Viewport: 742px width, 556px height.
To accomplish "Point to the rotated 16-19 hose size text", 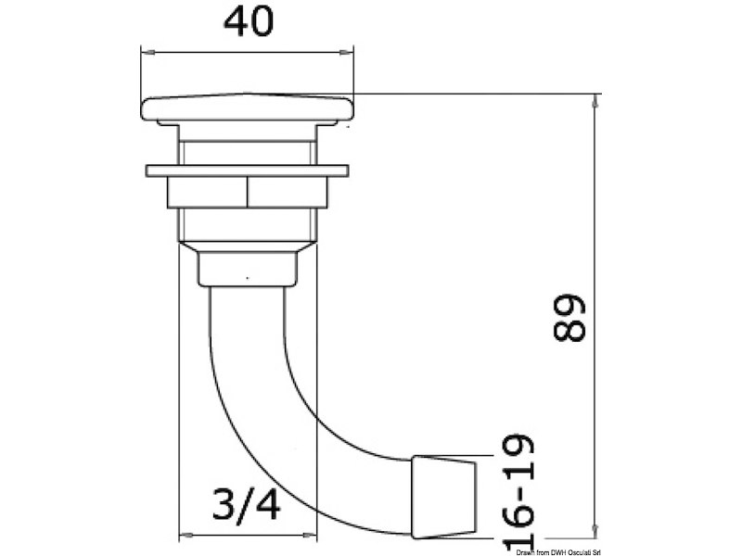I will [520, 492].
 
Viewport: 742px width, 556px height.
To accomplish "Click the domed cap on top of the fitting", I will [248, 108].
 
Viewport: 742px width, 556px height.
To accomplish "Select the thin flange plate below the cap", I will [248, 171].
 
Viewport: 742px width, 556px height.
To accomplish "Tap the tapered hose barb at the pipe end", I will [444, 496].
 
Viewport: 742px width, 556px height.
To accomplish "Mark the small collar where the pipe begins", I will [248, 269].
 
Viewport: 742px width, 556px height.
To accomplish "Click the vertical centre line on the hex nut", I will [248, 193].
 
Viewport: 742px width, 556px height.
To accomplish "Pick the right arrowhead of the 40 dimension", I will [350, 50].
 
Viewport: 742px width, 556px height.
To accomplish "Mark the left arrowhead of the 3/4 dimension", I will [183, 535].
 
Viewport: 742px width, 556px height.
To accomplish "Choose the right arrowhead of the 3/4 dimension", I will [313, 535].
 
